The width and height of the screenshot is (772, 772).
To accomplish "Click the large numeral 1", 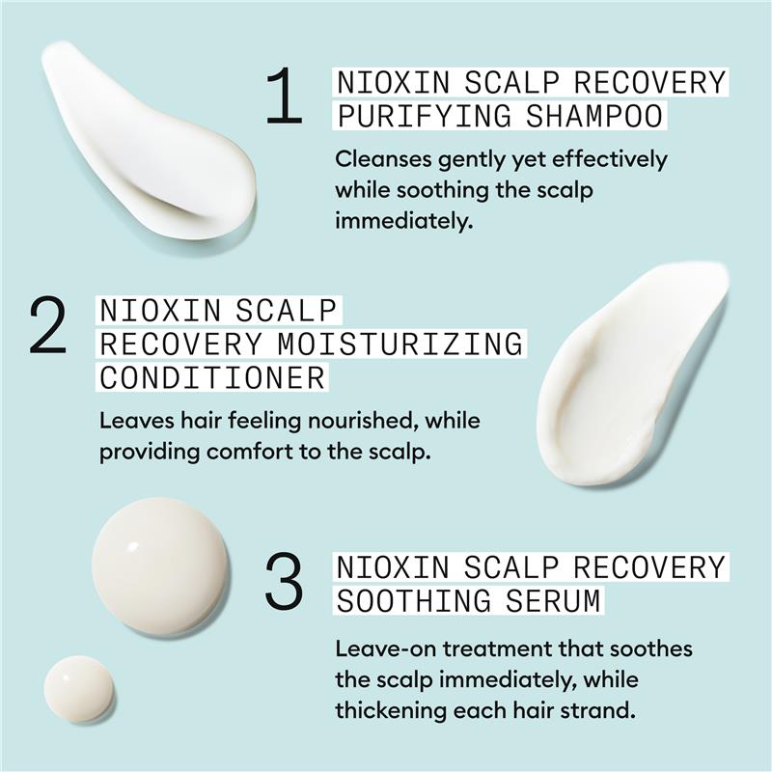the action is (284, 96).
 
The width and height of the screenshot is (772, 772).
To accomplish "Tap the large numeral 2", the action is (47, 326).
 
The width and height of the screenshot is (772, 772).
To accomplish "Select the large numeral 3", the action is (284, 581).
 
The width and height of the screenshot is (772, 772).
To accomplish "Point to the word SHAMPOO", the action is (594, 116).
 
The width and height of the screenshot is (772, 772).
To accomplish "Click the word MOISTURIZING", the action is (400, 344).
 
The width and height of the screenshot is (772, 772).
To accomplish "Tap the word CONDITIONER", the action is (212, 377).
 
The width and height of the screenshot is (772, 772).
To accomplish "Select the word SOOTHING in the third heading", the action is (414, 600).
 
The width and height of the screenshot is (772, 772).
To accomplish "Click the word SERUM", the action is (553, 600).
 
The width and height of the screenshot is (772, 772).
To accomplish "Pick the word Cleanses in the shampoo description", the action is (382, 159).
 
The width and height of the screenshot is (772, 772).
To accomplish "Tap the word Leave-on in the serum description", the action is (385, 648).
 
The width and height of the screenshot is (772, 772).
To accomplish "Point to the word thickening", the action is (391, 711).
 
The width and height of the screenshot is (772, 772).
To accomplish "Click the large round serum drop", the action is (160, 566).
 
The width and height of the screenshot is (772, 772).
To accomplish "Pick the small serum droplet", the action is (78, 689).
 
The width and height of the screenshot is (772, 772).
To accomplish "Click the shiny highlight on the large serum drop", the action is (133, 545).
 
